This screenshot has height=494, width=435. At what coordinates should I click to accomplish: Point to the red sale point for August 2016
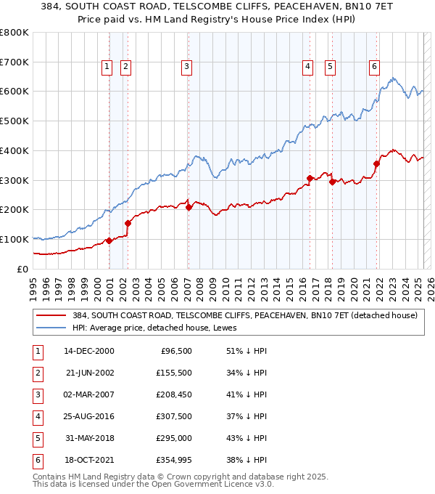pos(310,178)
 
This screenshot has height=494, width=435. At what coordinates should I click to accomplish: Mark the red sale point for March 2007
pos(188,207)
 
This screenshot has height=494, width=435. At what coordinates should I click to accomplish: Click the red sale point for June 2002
pos(128,223)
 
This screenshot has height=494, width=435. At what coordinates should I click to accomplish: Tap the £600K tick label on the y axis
pos(14,92)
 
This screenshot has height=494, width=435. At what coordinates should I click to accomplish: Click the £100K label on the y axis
pos(14,239)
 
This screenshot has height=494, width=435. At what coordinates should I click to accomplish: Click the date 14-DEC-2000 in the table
pos(89,351)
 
